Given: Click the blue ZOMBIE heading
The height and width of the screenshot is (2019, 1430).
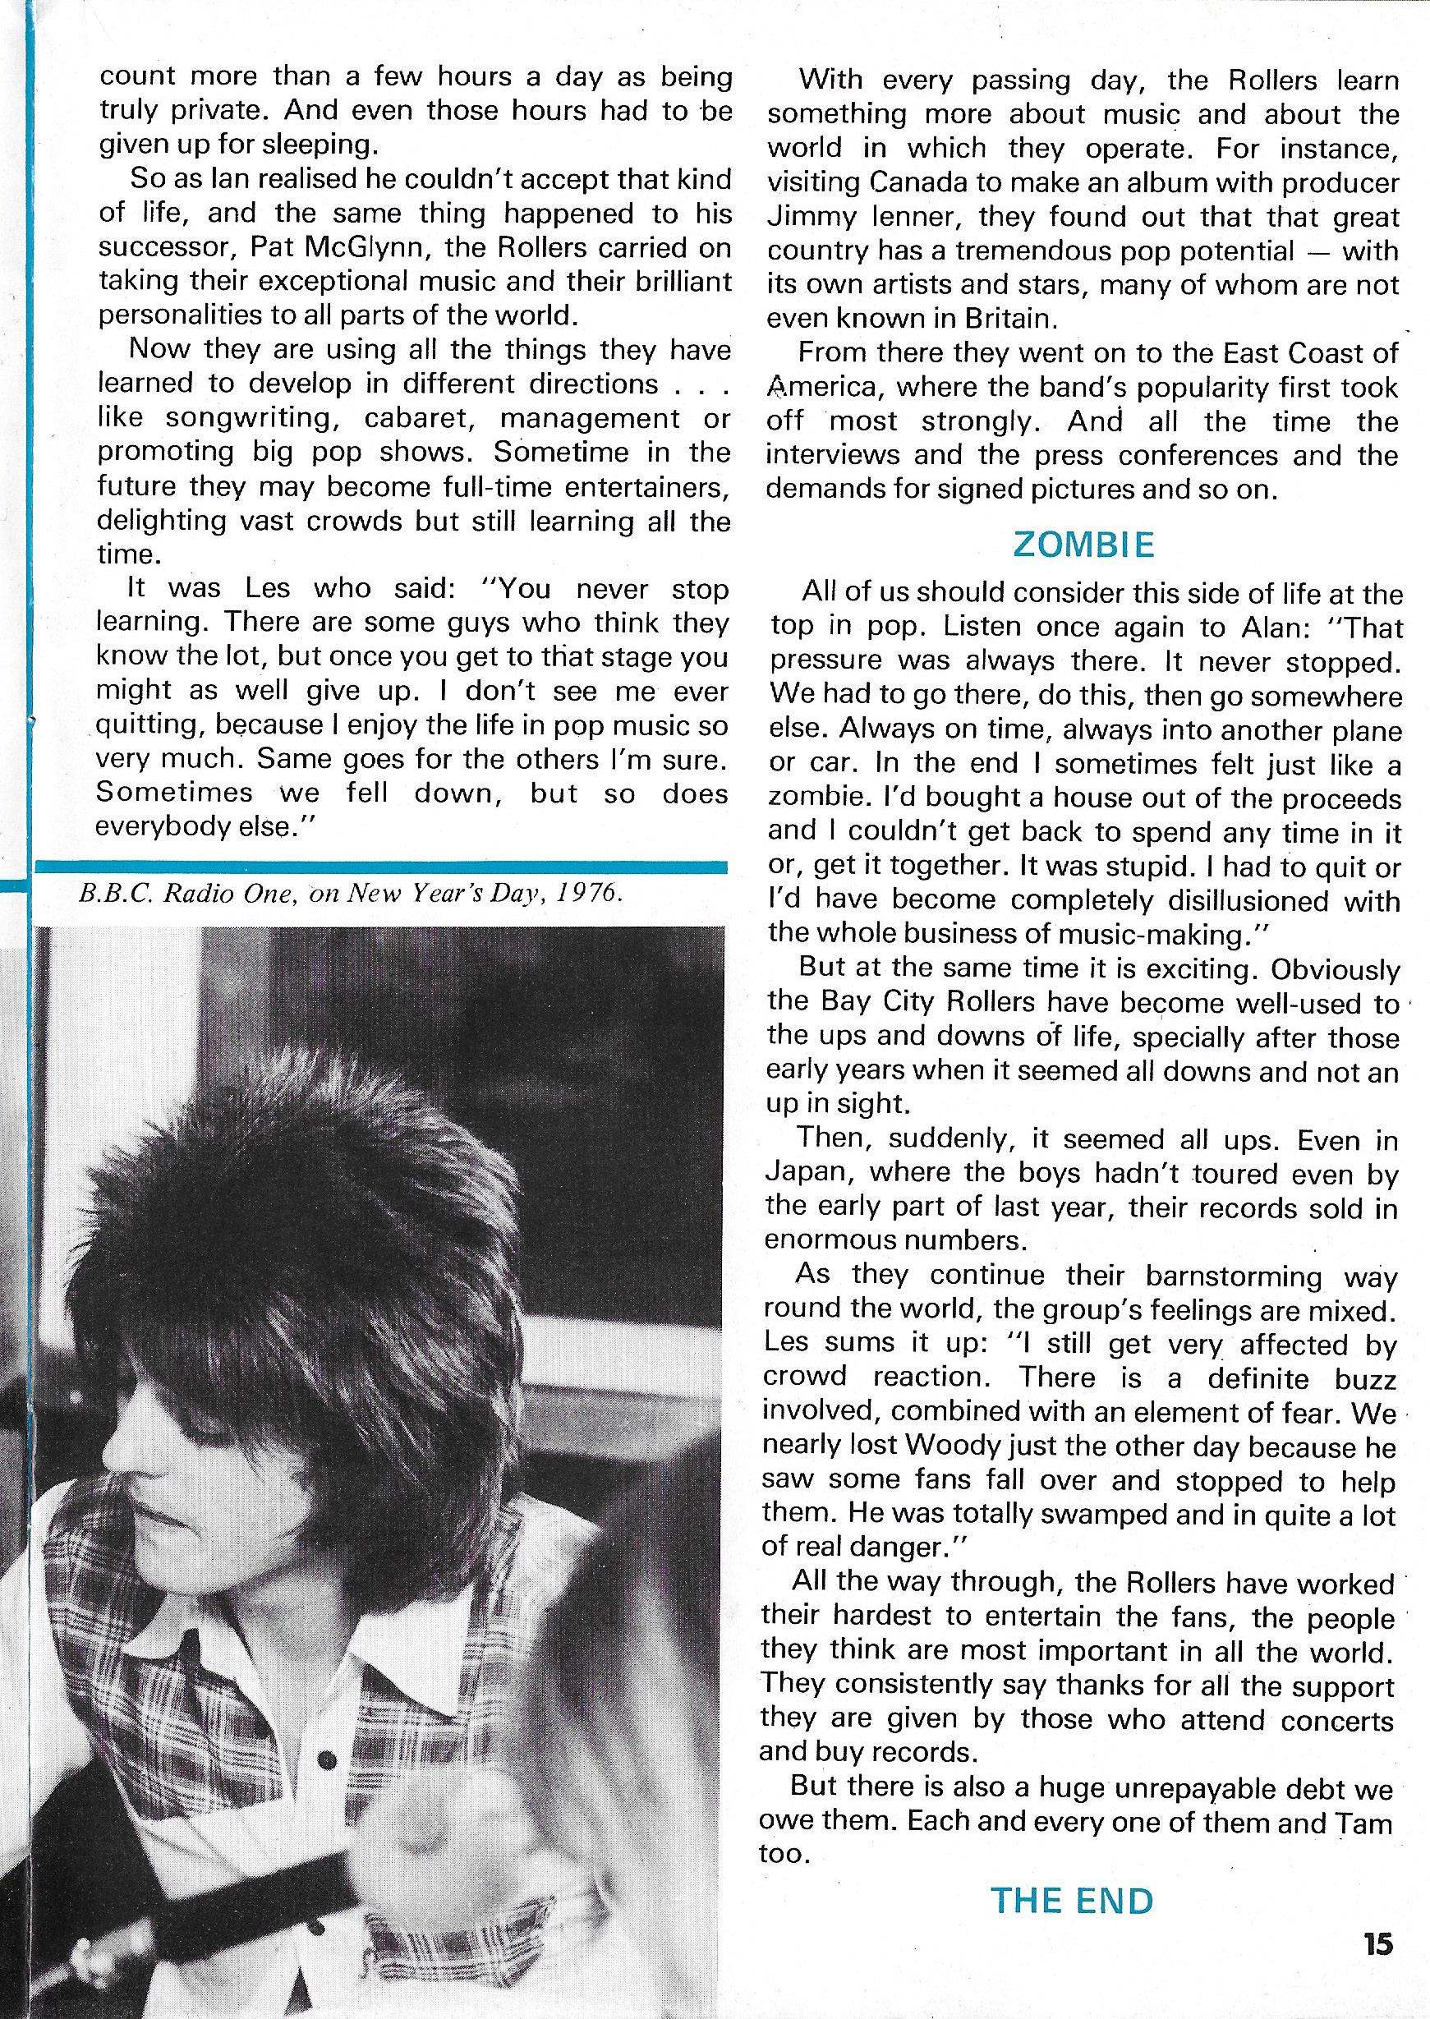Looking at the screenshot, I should [1083, 545].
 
